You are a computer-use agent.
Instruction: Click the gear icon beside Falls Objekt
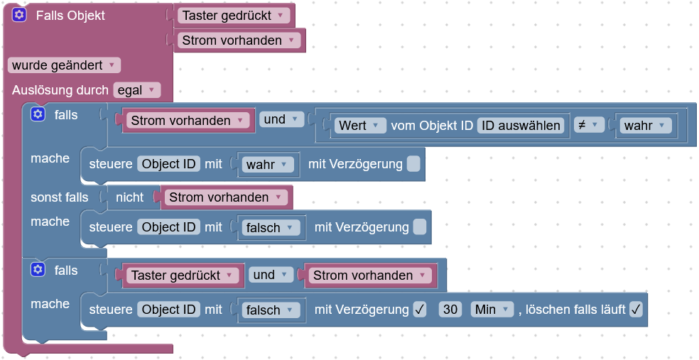(19, 15)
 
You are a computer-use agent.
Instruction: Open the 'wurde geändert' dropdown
(64, 65)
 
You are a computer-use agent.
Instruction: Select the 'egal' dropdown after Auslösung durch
(136, 90)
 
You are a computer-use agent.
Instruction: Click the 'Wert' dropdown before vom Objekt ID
(360, 126)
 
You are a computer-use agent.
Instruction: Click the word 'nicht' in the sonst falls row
(129, 197)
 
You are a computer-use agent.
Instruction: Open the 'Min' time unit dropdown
(492, 310)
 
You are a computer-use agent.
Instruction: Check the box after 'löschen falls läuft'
(636, 310)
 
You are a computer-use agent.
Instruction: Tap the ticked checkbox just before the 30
(420, 310)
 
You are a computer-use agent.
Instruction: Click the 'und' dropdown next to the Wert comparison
(281, 119)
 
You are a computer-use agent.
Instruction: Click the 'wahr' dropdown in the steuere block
(268, 165)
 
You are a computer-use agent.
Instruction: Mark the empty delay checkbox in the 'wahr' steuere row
(413, 164)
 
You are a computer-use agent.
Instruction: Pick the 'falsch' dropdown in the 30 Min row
(271, 310)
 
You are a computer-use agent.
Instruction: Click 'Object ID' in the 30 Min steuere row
(168, 310)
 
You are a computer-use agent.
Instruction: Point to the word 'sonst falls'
(60, 197)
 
